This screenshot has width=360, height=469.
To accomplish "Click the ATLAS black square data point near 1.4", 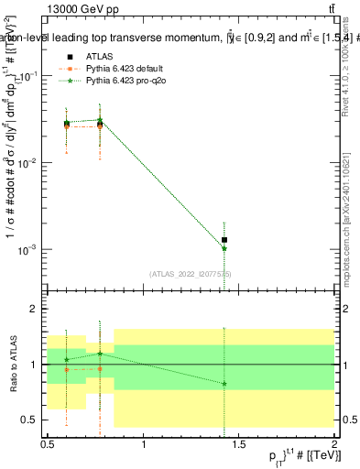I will (x=224, y=240).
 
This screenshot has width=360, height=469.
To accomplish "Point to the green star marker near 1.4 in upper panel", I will (x=224, y=248).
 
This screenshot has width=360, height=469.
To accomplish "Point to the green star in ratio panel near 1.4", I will (x=224, y=383).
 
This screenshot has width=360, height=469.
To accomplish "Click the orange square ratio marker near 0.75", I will (x=100, y=369).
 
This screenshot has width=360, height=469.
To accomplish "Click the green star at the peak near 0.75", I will (x=100, y=120).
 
